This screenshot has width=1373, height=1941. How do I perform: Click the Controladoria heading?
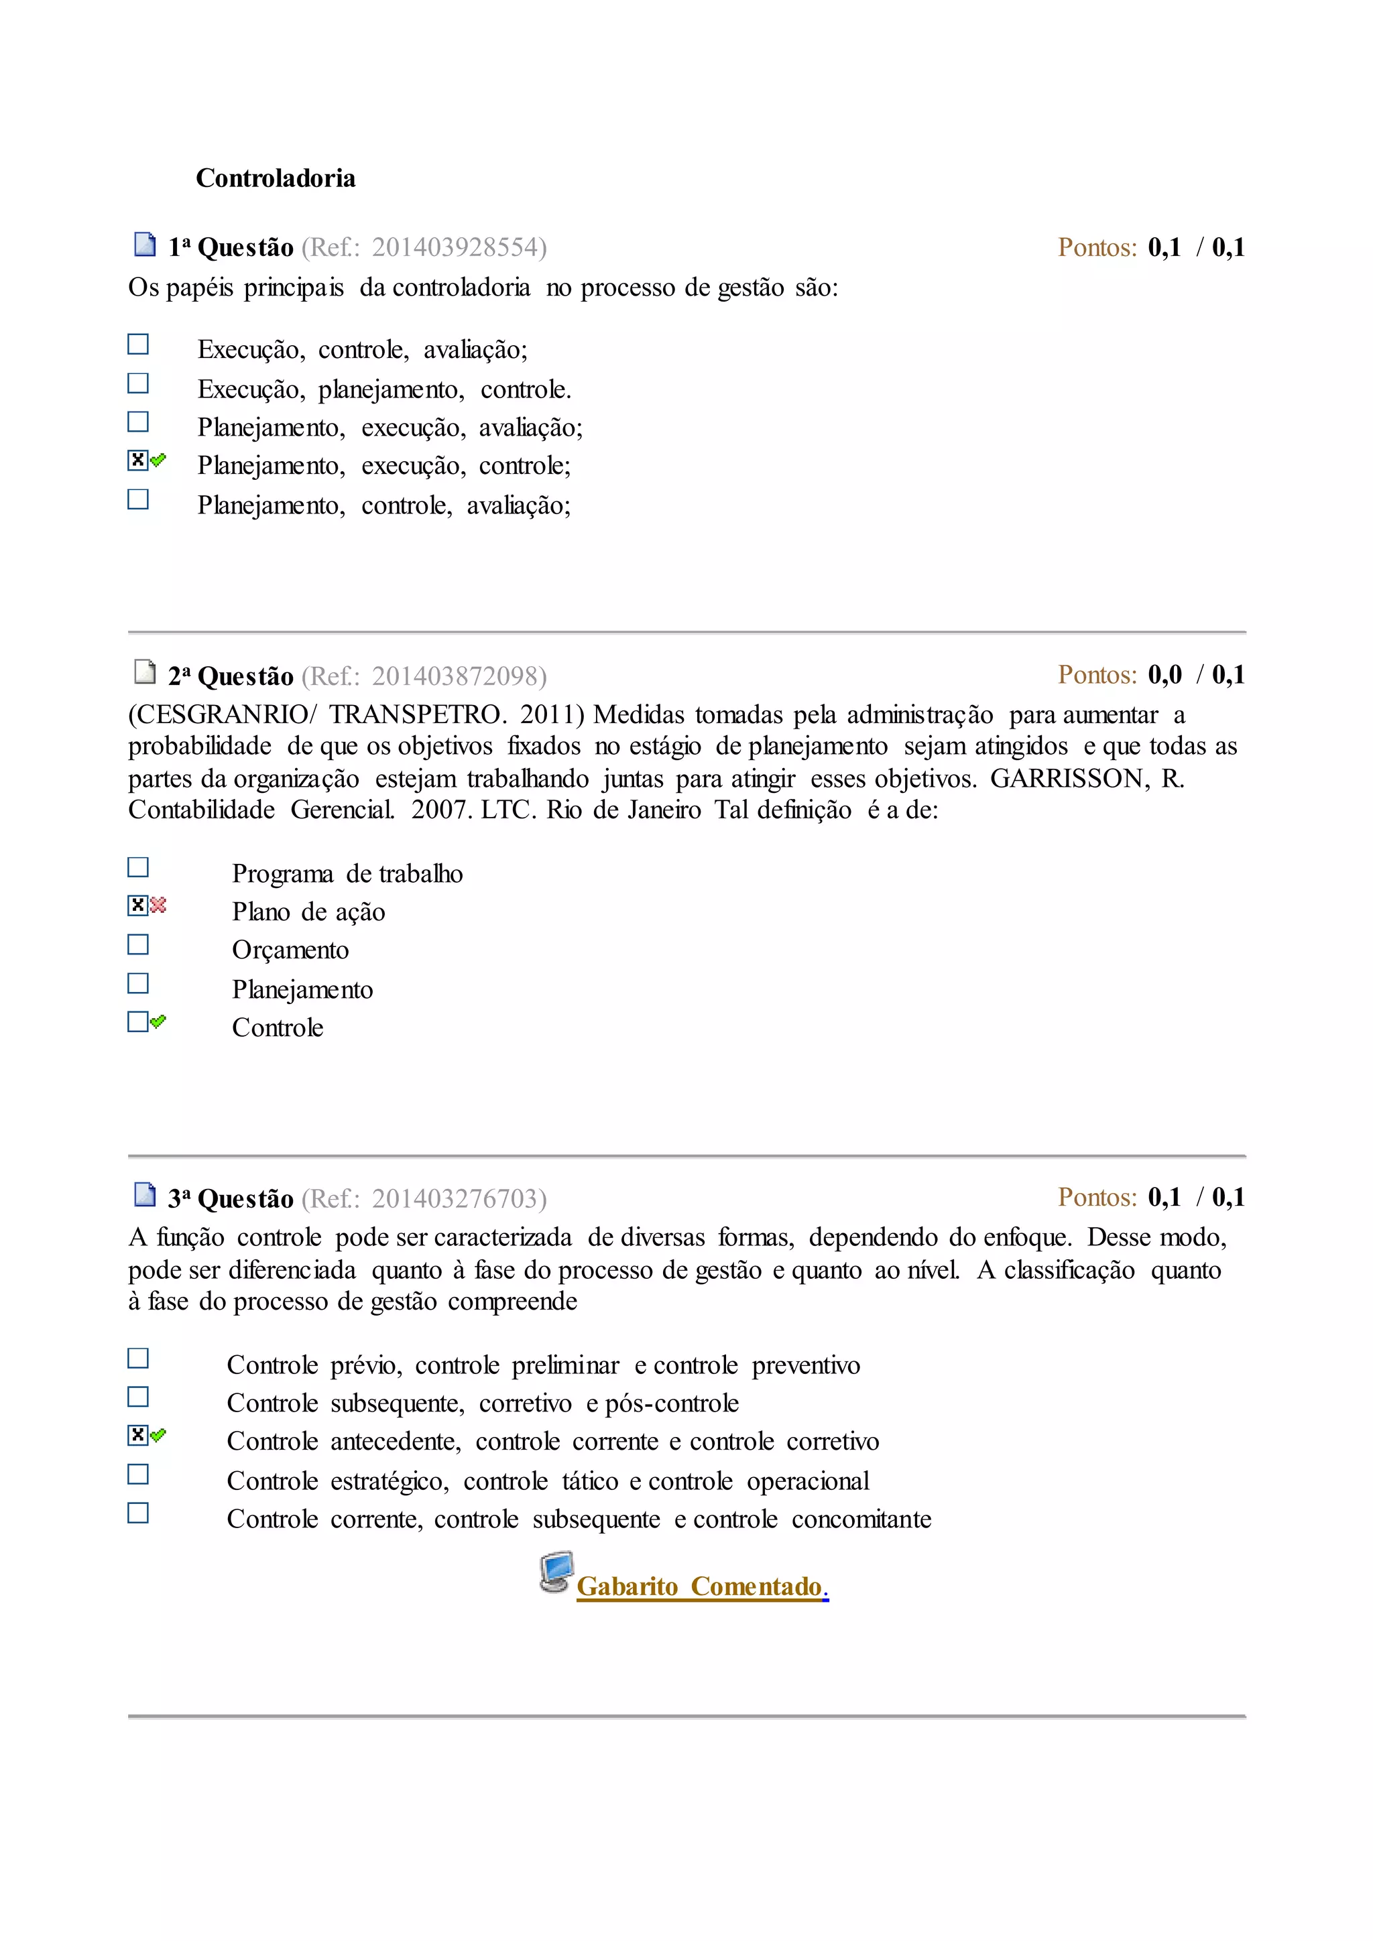[276, 178]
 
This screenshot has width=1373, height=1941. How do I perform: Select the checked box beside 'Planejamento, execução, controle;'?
[138, 460]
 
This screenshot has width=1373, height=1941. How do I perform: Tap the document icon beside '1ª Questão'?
[145, 245]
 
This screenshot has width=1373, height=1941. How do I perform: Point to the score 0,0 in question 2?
[1165, 675]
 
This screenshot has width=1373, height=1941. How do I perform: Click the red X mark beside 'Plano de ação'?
[158, 905]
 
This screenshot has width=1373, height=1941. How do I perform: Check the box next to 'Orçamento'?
[138, 944]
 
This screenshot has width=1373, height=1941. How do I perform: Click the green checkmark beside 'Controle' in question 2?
[158, 1021]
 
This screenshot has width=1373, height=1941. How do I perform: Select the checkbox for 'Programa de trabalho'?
[138, 867]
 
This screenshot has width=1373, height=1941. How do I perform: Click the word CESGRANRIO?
[221, 714]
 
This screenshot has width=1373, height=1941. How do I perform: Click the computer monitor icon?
[556, 1572]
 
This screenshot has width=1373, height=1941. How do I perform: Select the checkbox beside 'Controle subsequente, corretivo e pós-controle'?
[138, 1397]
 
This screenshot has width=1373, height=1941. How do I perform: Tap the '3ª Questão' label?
[230, 1199]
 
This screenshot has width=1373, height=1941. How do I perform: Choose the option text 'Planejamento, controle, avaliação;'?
[384, 505]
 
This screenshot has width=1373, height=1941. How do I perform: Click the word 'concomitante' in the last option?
[861, 1519]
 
